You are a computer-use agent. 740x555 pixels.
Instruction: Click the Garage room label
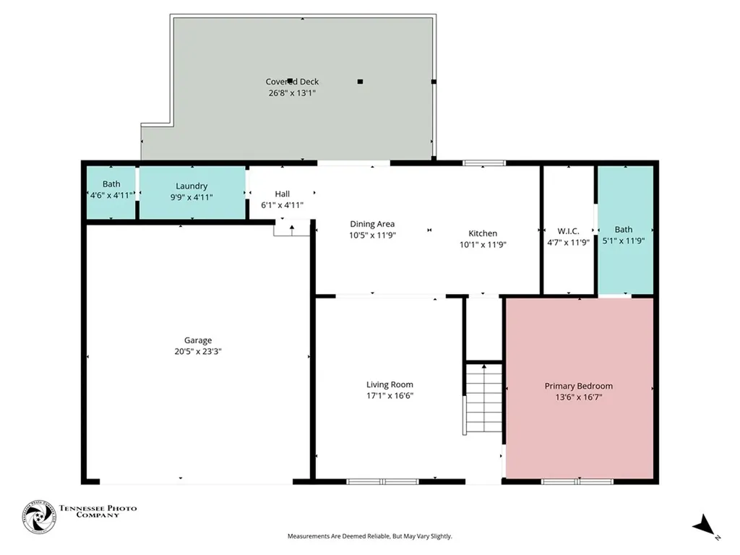point(198,340)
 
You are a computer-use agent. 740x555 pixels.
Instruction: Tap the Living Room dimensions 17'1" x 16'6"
point(390,396)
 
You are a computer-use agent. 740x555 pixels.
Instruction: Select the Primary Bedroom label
point(579,386)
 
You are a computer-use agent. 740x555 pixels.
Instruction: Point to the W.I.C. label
point(568,231)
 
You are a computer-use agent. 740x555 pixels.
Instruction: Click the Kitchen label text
point(483,233)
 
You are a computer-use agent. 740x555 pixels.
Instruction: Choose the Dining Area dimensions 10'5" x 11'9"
point(372,235)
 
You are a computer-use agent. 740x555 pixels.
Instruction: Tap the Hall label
point(283,194)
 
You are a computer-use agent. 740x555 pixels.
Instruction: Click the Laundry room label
point(192,186)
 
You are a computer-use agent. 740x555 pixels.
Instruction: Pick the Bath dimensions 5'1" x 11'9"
point(624,241)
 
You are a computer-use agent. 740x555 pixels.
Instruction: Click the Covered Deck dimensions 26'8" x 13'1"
point(292,93)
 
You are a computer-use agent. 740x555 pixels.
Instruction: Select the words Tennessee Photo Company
point(98,512)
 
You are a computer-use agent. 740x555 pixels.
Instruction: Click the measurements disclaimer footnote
point(370,536)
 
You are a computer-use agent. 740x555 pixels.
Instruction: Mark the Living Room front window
point(383,481)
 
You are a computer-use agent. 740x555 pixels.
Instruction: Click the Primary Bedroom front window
point(577,481)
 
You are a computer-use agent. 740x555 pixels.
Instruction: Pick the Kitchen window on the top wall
point(484,163)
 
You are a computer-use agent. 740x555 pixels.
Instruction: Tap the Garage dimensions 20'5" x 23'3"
point(198,352)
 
